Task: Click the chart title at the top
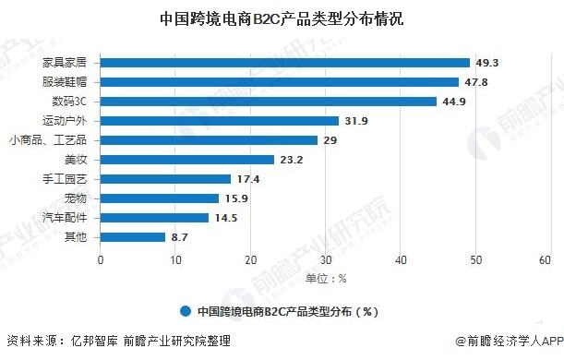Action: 282,18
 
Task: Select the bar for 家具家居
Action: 285,63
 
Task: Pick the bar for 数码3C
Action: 269,102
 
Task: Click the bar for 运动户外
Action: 220,121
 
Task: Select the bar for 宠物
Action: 160,198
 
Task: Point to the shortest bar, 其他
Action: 133,237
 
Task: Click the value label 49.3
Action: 487,63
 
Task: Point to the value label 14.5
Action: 225,218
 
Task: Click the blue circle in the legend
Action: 186,311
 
